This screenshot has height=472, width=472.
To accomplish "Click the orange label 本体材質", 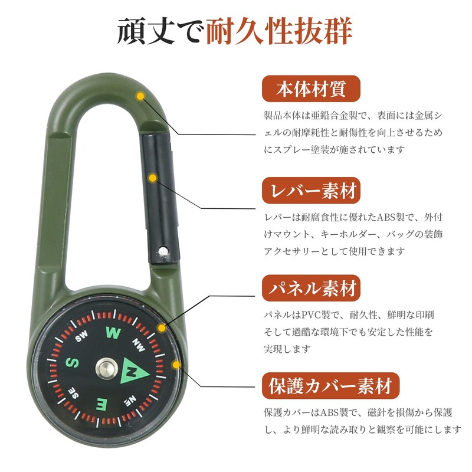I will [310, 91].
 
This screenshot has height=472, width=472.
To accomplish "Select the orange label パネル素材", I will [310, 289].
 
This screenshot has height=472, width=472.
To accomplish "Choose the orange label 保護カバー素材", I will [330, 387].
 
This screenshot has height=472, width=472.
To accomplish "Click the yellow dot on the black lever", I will [153, 177].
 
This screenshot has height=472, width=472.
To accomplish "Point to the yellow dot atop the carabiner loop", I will [140, 96].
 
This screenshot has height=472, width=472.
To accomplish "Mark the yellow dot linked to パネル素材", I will [161, 327].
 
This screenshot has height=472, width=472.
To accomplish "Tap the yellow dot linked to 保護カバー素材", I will [175, 365].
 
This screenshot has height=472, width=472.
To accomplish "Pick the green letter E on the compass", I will [101, 404].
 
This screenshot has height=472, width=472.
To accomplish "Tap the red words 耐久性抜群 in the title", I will [279, 32].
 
